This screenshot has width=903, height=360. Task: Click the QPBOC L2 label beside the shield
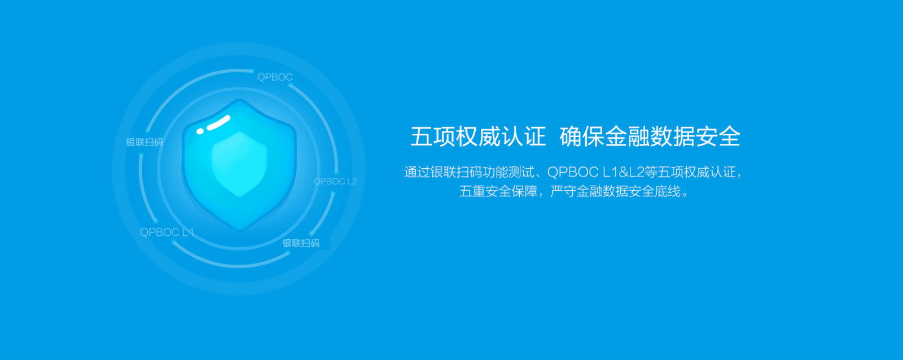[335, 182]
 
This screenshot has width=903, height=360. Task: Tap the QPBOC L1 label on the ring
[167, 232]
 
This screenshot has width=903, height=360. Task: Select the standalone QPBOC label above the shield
[275, 77]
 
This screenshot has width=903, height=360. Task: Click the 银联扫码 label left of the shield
[144, 142]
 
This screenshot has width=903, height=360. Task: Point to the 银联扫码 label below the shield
[301, 243]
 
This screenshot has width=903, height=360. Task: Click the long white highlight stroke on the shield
[218, 122]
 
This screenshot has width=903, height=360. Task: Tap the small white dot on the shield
[200, 131]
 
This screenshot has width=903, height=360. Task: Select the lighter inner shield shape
[239, 163]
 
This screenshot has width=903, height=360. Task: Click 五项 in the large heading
[433, 136]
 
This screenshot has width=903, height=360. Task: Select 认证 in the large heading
[523, 136]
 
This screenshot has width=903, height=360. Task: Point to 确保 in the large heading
[582, 136]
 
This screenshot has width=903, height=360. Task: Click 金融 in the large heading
[627, 136]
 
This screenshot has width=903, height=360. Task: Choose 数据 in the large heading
[672, 136]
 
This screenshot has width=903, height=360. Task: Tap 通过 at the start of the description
[417, 172]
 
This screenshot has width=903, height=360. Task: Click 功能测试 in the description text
[509, 172]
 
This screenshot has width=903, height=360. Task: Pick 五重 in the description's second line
[472, 191]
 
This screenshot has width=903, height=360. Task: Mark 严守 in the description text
[563, 191]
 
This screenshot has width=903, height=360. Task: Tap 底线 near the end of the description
[667, 191]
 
